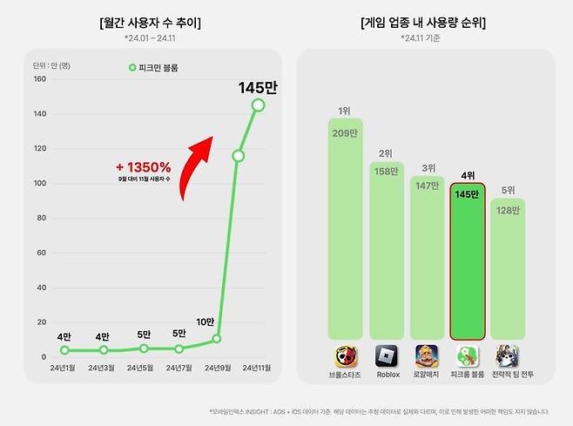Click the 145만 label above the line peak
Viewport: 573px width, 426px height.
[257, 88]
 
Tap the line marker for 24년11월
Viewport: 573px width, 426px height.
[258, 105]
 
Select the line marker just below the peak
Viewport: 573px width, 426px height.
[238, 156]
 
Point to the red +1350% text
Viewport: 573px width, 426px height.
[143, 166]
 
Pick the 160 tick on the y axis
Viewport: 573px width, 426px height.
[39, 79]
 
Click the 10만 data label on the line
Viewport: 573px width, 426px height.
[206, 321]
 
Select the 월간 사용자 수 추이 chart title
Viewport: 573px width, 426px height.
[151, 23]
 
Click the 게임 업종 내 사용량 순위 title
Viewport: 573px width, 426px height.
[422, 23]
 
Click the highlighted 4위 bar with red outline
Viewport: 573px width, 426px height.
[468, 261]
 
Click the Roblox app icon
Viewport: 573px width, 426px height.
[387, 355]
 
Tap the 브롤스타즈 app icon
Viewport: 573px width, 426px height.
[346, 355]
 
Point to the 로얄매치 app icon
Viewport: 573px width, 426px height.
[427, 355]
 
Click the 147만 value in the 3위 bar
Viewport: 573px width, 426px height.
[427, 186]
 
